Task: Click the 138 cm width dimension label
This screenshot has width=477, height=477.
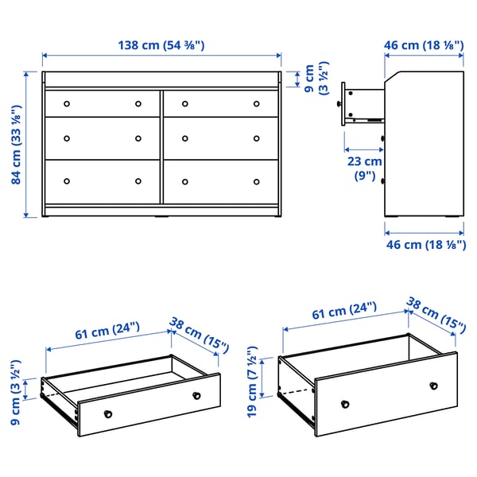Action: pyautogui.click(x=161, y=45)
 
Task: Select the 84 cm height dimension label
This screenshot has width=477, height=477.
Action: pyautogui.click(x=18, y=145)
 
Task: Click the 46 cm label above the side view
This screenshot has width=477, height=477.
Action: pyautogui.click(x=425, y=45)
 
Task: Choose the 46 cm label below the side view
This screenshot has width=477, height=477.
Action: pyautogui.click(x=425, y=245)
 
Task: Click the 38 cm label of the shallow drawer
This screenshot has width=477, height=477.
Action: pyautogui.click(x=199, y=336)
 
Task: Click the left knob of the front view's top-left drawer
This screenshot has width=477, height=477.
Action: pyautogui.click(x=67, y=103)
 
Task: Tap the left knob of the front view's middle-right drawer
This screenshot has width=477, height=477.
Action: pyautogui.click(x=185, y=139)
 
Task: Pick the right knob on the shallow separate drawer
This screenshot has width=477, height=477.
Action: pyautogui.click(x=196, y=395)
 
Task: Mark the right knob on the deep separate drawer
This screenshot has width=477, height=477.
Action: pyautogui.click(x=433, y=386)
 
